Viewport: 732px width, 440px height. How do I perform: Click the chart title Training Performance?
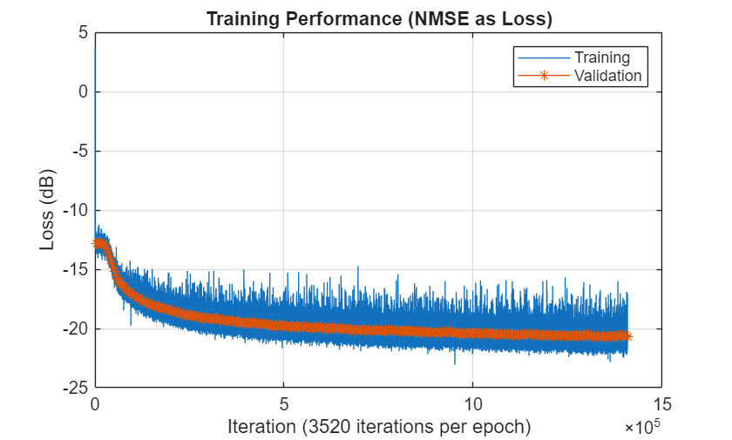379,17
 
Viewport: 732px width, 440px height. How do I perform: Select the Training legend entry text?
602,58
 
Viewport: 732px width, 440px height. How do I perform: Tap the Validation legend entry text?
607,76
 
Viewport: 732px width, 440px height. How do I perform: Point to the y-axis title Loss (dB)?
47,210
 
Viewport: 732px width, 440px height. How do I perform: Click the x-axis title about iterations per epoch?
378,427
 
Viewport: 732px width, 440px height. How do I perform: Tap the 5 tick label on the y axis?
83,33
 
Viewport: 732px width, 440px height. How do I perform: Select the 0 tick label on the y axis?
83,92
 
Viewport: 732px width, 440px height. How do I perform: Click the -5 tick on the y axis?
79,152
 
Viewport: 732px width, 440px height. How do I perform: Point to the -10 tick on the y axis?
76,211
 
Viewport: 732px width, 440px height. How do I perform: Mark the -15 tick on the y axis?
76,270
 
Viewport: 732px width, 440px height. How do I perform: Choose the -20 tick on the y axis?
76,329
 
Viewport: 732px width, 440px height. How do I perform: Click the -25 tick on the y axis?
76,389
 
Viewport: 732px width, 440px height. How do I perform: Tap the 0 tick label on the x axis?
95,404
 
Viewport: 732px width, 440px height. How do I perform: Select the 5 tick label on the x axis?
283,404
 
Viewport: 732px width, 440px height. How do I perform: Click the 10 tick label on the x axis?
472,404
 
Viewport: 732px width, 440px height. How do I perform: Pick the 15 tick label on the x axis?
661,404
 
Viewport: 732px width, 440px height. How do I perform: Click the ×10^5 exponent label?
642,428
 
